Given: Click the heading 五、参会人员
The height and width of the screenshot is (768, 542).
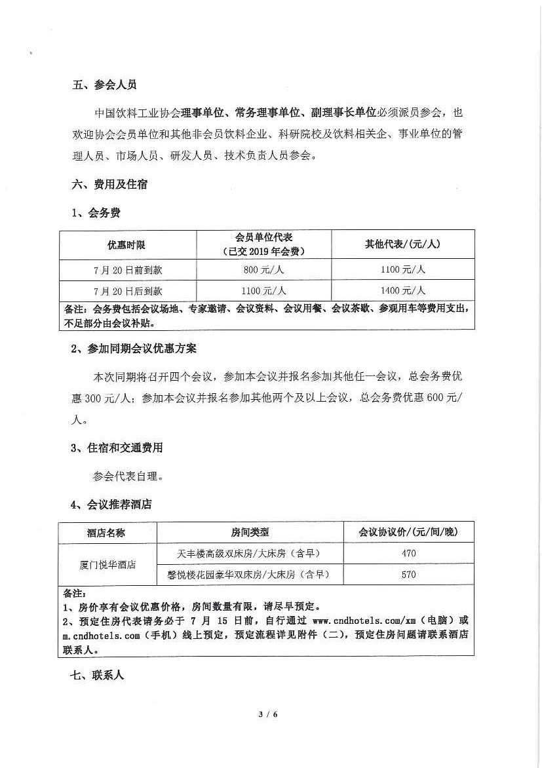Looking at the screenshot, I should [104, 85].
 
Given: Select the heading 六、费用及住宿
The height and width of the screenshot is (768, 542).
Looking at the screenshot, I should [109, 184].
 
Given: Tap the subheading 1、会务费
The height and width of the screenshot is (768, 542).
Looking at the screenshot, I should [96, 213].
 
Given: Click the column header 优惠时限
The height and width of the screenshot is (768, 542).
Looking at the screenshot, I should [126, 244].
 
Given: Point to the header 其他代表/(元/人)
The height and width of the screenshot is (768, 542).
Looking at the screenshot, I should [402, 244].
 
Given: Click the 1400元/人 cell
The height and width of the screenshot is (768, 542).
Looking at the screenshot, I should [402, 290].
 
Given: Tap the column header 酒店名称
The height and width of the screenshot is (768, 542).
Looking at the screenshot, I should [106, 533].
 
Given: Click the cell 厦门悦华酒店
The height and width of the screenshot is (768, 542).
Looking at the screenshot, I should [106, 564].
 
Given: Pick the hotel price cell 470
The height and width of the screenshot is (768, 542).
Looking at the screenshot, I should [408, 553].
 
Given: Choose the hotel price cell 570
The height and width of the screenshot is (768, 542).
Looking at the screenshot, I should [408, 575].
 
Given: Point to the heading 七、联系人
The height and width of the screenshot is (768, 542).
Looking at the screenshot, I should [98, 675].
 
